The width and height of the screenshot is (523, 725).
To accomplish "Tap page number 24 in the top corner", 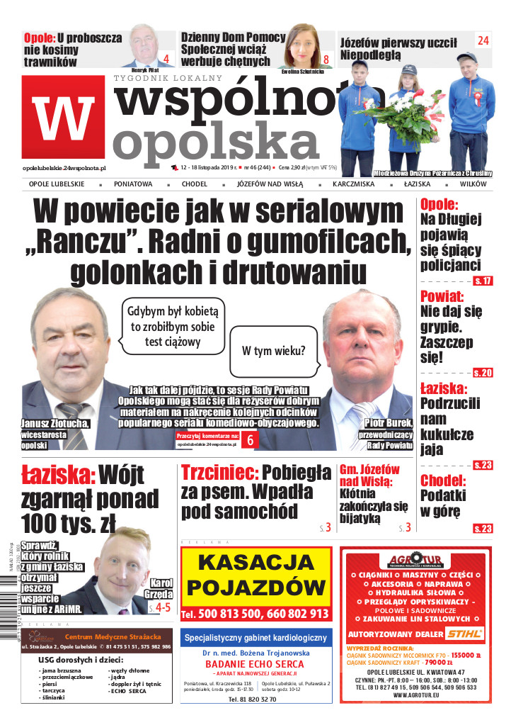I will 483,41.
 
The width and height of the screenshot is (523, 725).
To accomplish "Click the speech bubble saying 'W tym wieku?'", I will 273,350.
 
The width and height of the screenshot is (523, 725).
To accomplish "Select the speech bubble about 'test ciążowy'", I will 173,326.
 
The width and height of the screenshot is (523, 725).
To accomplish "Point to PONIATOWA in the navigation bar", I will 133,184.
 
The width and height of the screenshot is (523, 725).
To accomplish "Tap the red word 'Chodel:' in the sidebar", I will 443,480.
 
